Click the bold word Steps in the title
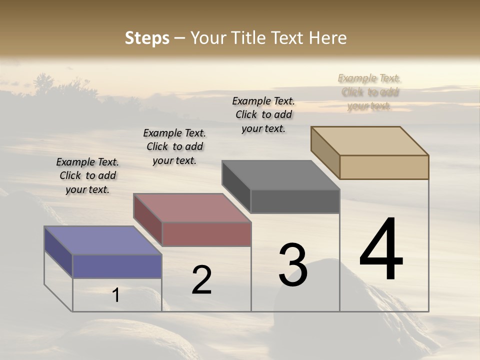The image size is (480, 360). click(x=147, y=38)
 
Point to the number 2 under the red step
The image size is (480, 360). click(x=202, y=280)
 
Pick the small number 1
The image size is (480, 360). click(x=116, y=295)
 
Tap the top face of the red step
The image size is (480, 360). click(x=192, y=207)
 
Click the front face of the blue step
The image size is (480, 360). click(x=117, y=266)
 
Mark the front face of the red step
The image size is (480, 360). click(x=206, y=234)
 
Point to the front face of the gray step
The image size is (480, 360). click(x=295, y=201)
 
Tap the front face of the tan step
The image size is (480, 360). click(x=384, y=167)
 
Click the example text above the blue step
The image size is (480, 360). click(x=87, y=175)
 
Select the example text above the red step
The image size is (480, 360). click(x=174, y=146)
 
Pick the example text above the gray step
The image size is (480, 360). click(x=263, y=114)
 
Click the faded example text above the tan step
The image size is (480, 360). click(x=369, y=92)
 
